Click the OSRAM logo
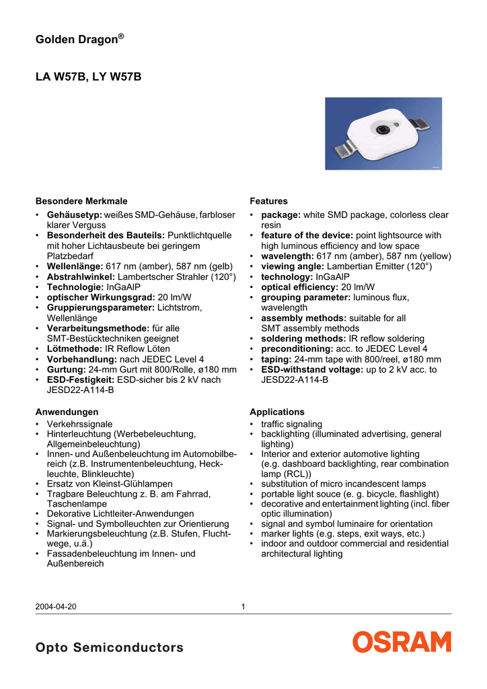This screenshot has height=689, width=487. click(402, 641)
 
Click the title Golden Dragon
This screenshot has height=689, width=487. click(79, 40)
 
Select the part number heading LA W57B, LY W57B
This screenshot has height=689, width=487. click(88, 77)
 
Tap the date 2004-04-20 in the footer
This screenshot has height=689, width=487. click(56, 607)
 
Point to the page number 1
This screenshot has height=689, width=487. click(243, 607)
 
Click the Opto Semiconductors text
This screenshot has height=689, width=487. click(109, 648)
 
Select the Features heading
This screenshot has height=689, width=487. click(268, 201)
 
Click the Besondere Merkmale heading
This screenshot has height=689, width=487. click(81, 201)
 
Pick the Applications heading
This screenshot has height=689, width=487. click(276, 412)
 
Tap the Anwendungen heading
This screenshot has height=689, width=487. click(67, 412)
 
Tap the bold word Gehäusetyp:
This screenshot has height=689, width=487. click(74, 215)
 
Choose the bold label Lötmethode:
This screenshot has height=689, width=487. click(74, 349)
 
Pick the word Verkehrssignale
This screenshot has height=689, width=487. click(79, 425)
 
